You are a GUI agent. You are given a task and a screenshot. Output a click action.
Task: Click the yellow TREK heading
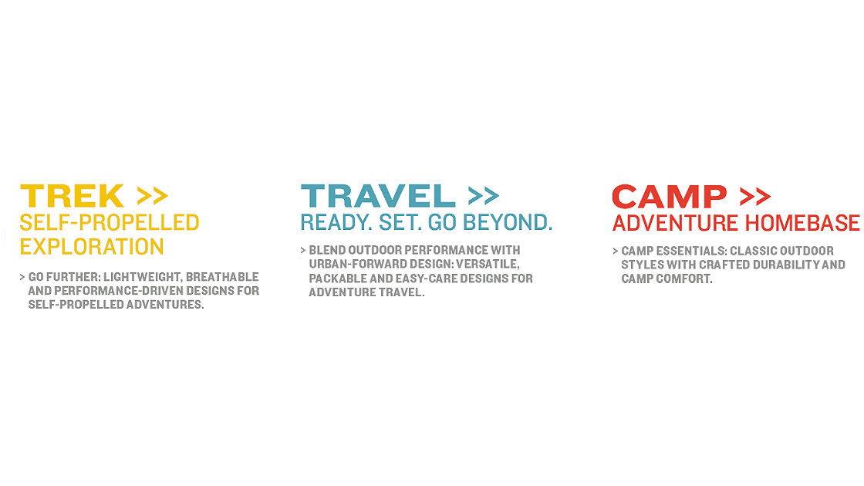73,196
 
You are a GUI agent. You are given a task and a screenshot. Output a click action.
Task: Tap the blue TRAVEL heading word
378,196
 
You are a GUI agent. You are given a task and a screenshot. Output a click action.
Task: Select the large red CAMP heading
670,197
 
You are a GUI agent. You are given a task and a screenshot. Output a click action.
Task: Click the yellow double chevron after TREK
152,196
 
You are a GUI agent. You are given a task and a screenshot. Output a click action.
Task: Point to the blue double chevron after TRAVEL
483,196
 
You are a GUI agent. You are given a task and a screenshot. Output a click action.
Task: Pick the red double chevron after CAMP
755,197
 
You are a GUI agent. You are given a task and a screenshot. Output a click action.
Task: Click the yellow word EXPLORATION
92,247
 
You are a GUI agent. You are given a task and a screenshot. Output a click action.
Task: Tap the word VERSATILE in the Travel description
487,265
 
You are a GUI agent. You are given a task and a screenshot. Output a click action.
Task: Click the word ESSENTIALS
691,251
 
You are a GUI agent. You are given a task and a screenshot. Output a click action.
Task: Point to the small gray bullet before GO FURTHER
22,277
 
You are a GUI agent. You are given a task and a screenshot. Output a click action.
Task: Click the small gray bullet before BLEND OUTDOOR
303,250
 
